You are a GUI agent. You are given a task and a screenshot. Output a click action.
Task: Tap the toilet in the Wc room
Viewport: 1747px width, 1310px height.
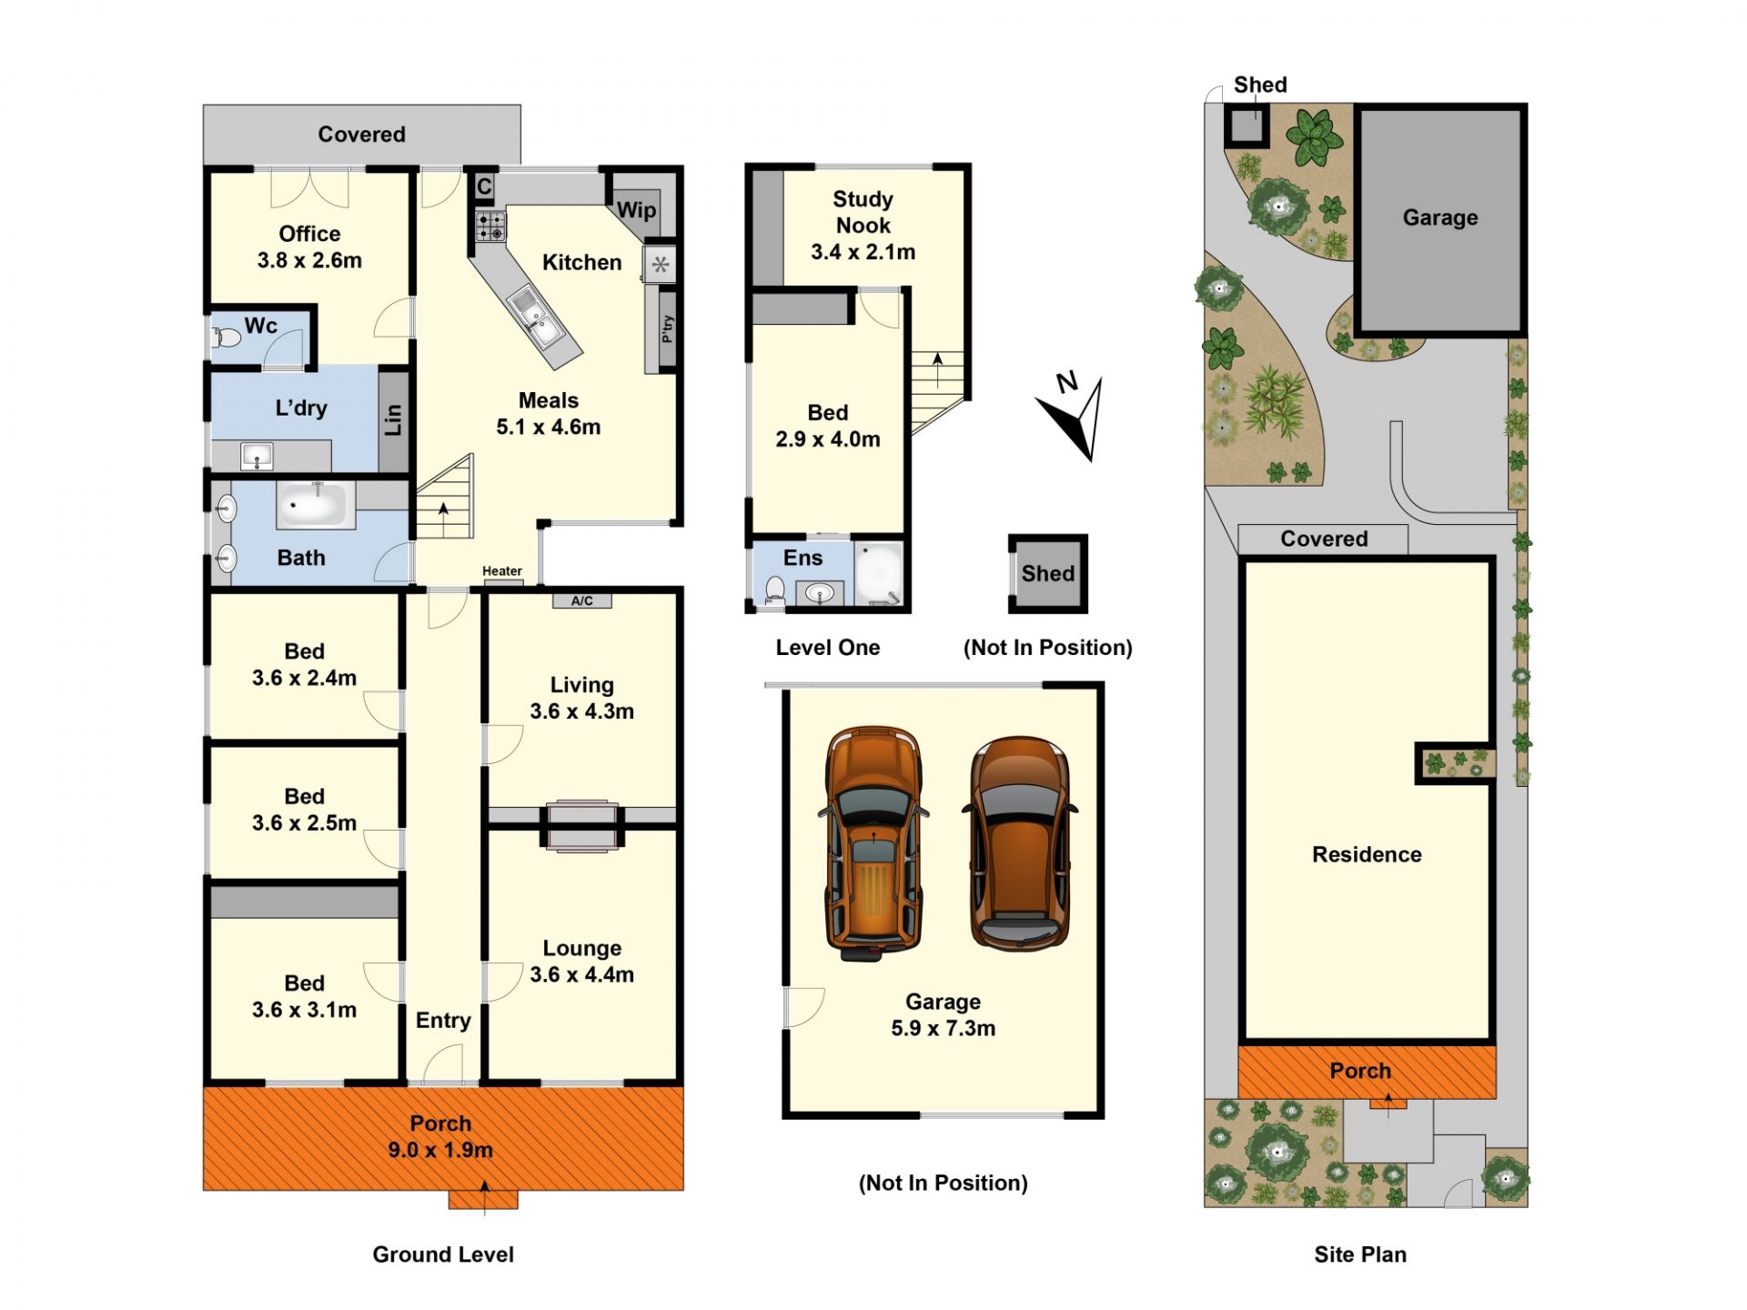pyautogui.click(x=227, y=338)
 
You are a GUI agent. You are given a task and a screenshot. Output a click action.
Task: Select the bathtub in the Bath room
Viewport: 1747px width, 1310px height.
pyautogui.click(x=316, y=505)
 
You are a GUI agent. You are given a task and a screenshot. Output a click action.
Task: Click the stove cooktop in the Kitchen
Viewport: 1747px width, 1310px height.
pyautogui.click(x=490, y=227)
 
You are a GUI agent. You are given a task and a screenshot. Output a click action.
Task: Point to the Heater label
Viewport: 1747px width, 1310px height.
pyautogui.click(x=502, y=571)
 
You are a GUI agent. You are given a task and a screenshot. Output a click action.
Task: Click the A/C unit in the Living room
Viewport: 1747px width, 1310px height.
pyautogui.click(x=582, y=600)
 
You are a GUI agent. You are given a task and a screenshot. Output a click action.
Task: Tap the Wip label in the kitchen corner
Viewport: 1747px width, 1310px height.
pyautogui.click(x=636, y=210)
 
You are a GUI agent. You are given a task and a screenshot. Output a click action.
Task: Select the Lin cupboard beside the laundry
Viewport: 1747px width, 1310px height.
pyautogui.click(x=393, y=419)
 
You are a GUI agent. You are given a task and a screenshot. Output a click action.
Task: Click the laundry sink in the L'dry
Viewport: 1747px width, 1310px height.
pyautogui.click(x=257, y=456)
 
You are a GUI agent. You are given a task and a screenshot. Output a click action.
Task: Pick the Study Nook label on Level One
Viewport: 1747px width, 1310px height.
pyautogui.click(x=863, y=212)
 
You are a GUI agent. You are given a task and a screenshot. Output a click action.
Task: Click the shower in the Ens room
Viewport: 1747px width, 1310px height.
pyautogui.click(x=878, y=573)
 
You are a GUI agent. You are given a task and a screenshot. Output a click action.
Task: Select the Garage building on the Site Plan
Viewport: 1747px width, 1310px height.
pyautogui.click(x=1440, y=218)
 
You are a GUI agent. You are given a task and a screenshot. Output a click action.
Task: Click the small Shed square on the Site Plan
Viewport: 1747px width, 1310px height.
pyautogui.click(x=1247, y=126)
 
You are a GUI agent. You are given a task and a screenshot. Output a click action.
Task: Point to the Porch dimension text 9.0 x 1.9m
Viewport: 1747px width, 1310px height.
pyautogui.click(x=440, y=1150)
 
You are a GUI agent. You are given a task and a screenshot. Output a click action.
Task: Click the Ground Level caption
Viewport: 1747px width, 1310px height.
pyautogui.click(x=443, y=1255)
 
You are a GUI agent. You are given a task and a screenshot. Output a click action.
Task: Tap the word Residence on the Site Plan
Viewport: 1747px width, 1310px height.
pyautogui.click(x=1367, y=854)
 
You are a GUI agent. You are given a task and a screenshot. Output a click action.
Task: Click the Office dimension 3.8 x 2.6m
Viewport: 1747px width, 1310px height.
pyautogui.click(x=309, y=260)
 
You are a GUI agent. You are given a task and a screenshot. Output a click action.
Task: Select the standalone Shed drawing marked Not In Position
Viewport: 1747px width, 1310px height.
pyautogui.click(x=1048, y=573)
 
